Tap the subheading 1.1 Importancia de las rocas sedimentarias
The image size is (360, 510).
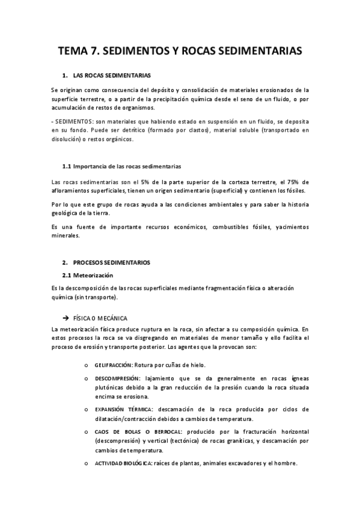point(121,165)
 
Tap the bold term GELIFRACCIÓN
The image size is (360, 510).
point(114,365)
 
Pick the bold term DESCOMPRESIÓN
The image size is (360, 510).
point(117,378)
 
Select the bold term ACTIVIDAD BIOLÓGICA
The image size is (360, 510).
point(123,463)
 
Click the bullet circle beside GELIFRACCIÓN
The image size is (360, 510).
point(88,365)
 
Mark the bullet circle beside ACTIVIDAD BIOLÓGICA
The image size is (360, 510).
point(88,463)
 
